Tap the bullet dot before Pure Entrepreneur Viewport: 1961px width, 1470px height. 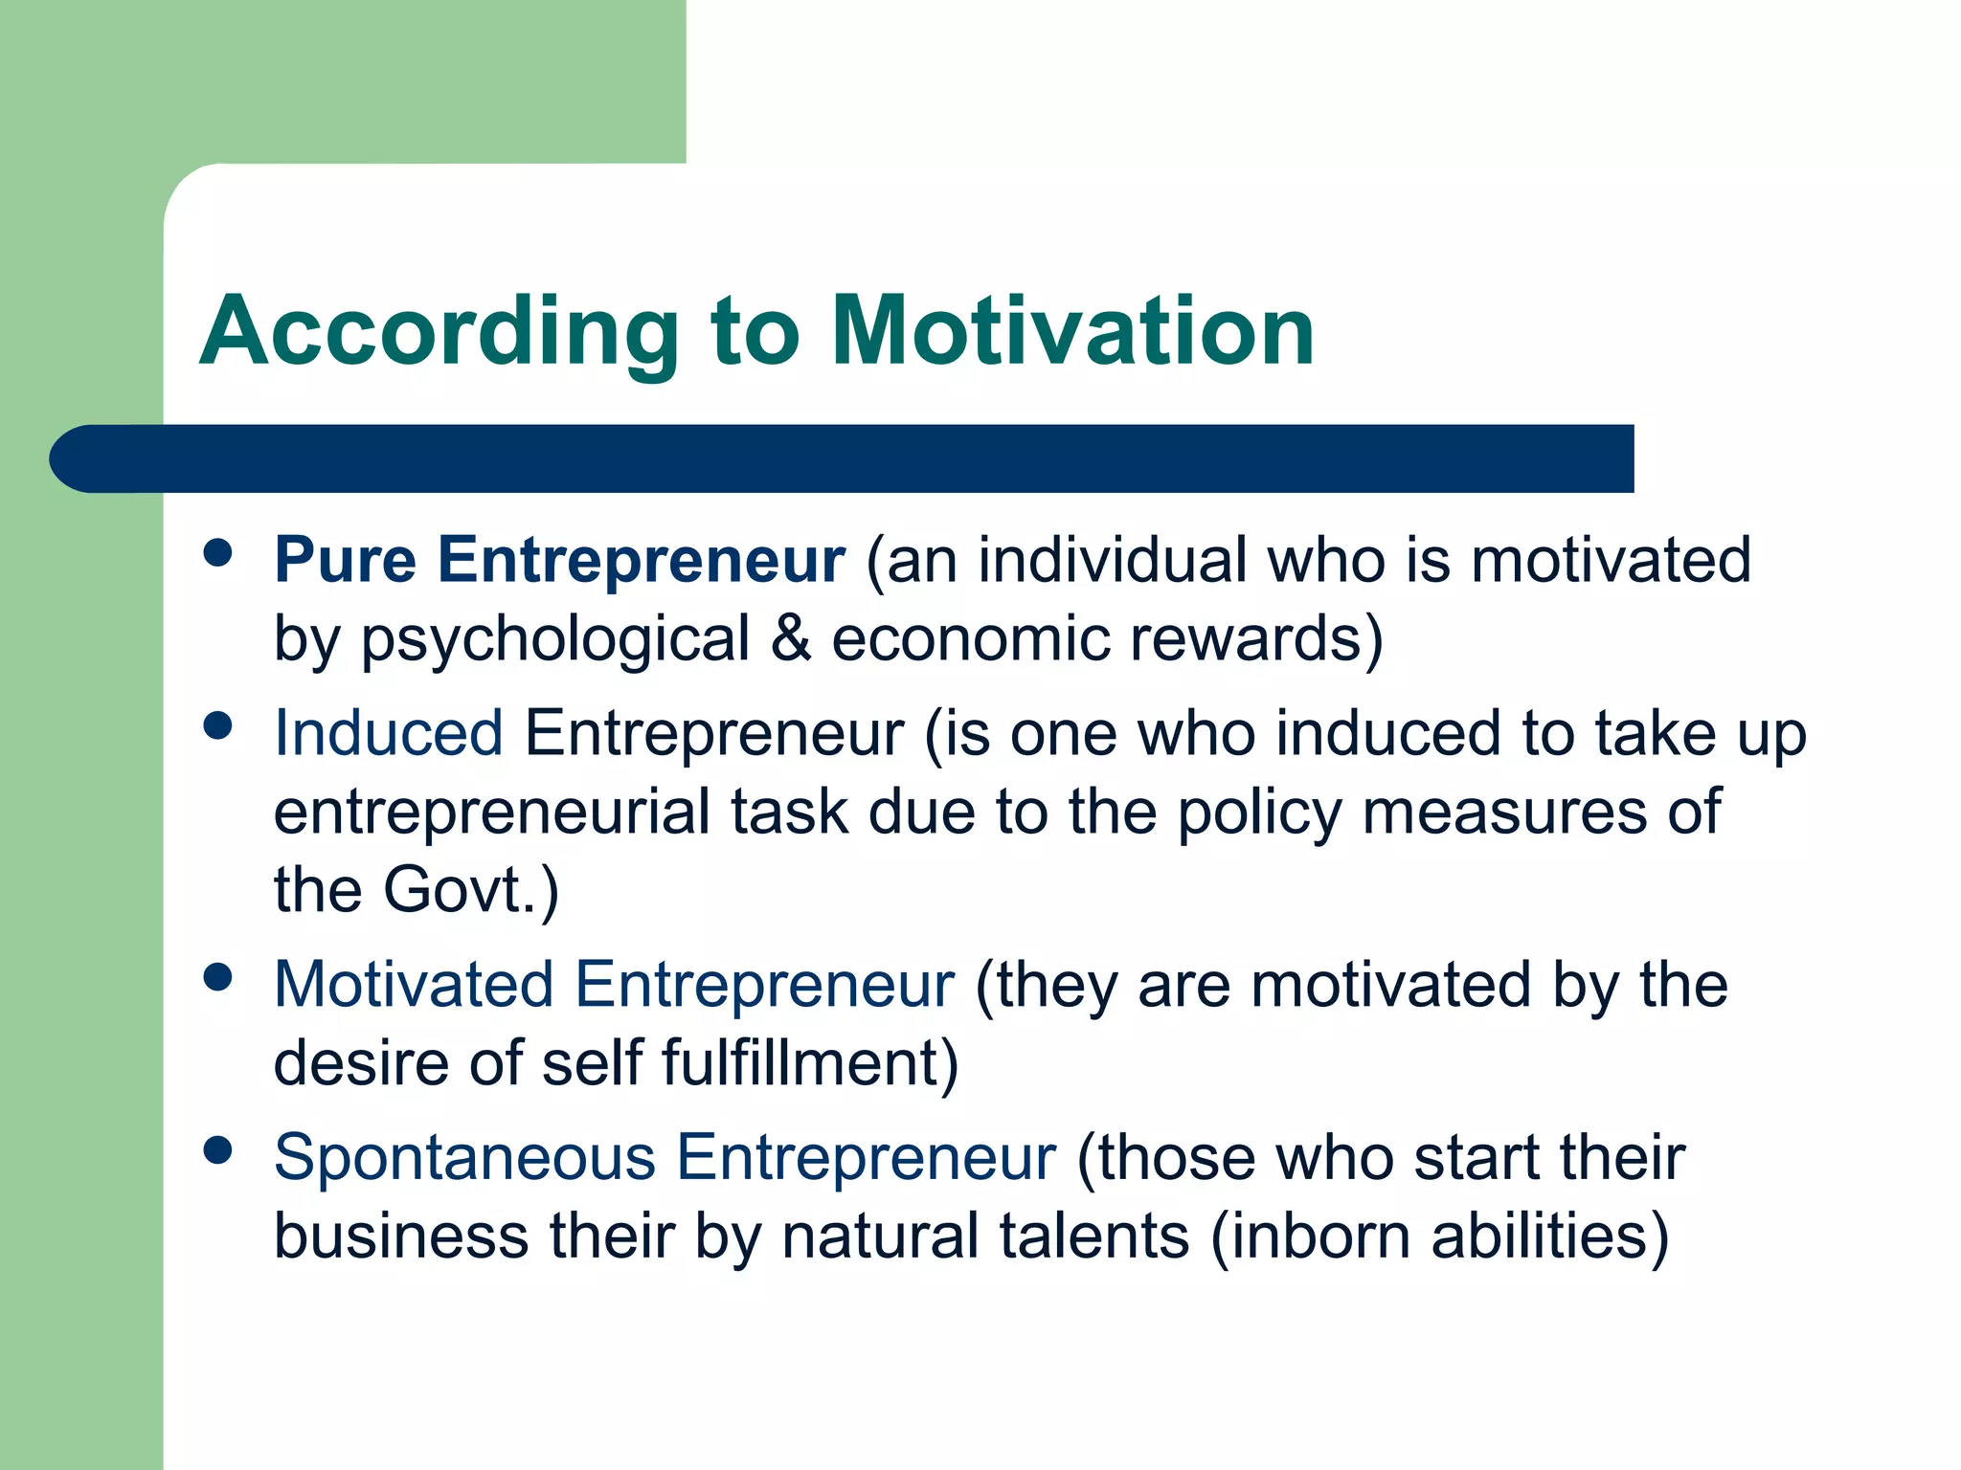(x=218, y=553)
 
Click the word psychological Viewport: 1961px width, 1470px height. (x=555, y=641)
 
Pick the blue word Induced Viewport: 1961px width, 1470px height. (x=388, y=734)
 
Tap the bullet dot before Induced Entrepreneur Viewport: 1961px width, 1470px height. (x=218, y=726)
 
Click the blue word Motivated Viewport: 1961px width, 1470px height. (x=414, y=985)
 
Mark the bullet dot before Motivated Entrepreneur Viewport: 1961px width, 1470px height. (x=218, y=977)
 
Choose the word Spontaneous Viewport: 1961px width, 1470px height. (x=464, y=1159)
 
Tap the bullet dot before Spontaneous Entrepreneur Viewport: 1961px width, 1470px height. (x=218, y=1150)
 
